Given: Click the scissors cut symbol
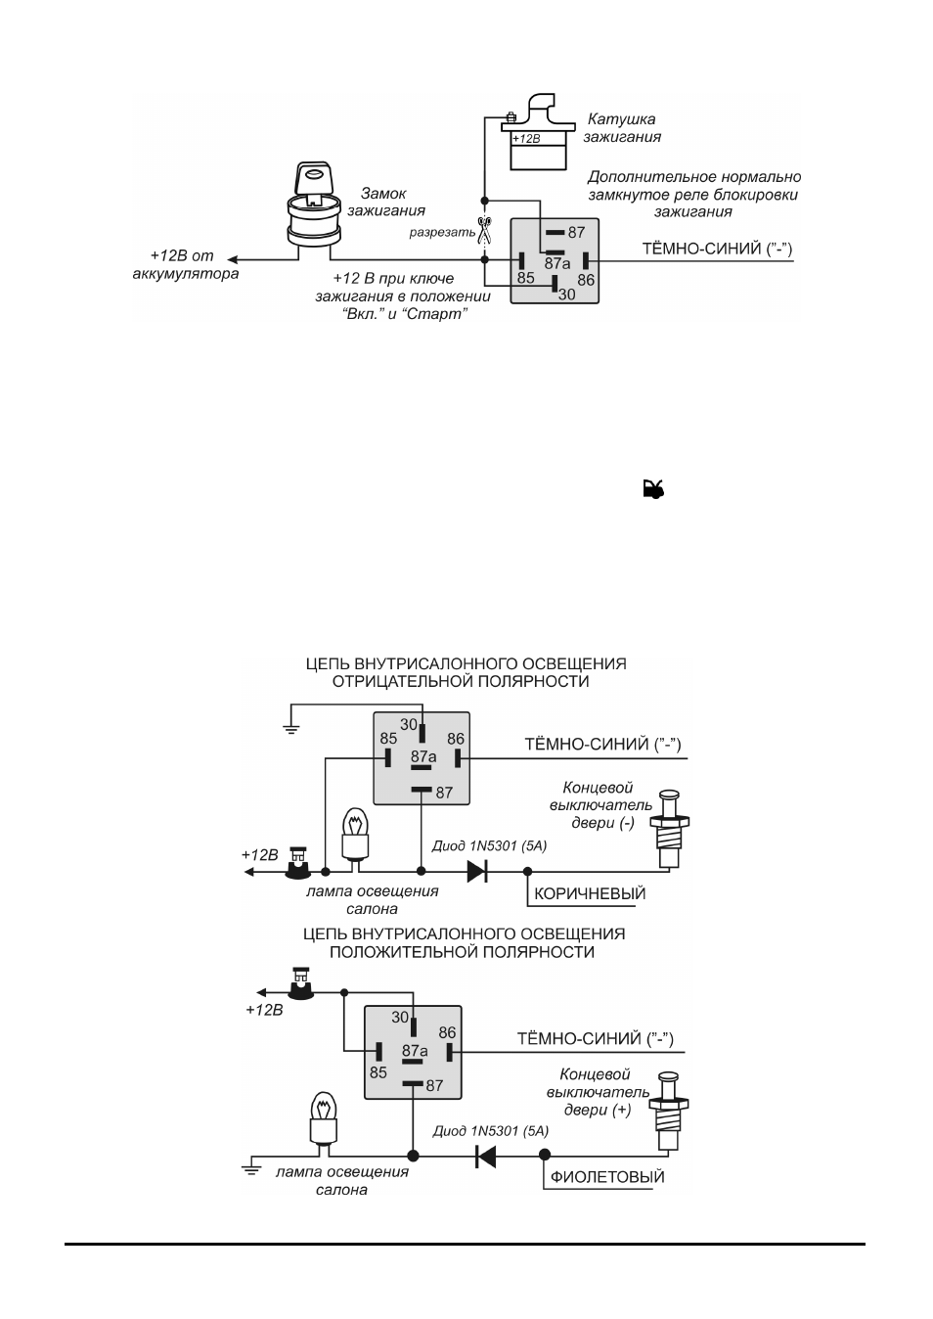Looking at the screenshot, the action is pyautogui.click(x=484, y=230).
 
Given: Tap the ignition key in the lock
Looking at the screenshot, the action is pyautogui.click(x=313, y=181).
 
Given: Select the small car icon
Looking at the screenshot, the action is pyautogui.click(x=652, y=489).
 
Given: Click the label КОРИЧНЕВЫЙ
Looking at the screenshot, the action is pyautogui.click(x=590, y=893).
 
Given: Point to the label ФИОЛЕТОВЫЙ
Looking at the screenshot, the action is pyautogui.click(x=607, y=1177).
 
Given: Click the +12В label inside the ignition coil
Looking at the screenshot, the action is pyautogui.click(x=525, y=139).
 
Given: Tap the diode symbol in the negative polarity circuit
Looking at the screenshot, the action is pyautogui.click(x=476, y=872).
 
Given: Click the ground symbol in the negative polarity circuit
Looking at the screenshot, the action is pyautogui.click(x=290, y=730).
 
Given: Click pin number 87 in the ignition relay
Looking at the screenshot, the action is pyautogui.click(x=576, y=232).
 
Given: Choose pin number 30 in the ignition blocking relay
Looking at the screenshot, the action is pyautogui.click(x=566, y=294).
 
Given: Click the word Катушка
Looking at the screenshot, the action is pyautogui.click(x=621, y=119).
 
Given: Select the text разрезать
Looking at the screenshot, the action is pyautogui.click(x=442, y=233).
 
